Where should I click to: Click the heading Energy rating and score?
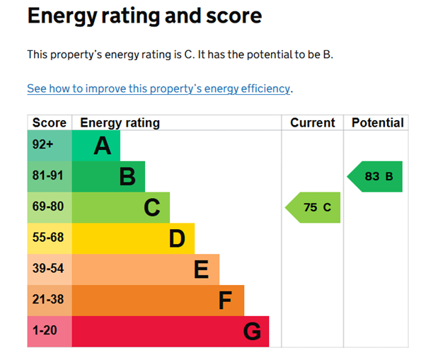tap(144, 16)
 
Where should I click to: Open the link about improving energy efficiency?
tap(159, 88)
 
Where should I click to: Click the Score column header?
tap(49, 122)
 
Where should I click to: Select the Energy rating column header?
tap(120, 122)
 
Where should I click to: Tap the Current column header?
tap(312, 122)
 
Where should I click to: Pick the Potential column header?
tap(377, 122)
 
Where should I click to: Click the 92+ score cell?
tap(42, 145)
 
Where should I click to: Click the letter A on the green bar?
tap(103, 146)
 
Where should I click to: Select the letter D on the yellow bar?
tap(177, 239)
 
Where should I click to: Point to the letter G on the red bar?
tap(252, 332)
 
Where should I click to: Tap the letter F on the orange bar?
tap(225, 301)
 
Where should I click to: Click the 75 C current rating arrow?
tap(313, 208)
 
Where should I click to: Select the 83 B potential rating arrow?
tap(375, 176)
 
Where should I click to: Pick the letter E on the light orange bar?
tap(201, 270)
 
